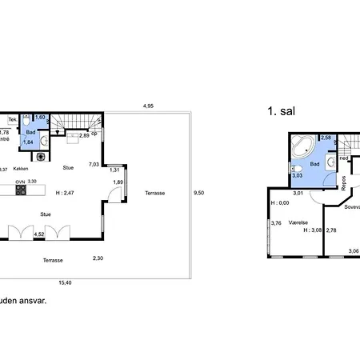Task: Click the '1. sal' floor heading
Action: [282, 113]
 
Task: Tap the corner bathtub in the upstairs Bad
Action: [303, 146]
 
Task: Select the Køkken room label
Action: [22, 169]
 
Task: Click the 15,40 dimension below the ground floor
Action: [66, 282]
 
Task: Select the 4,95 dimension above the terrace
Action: [147, 106]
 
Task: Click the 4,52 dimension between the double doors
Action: [37, 234]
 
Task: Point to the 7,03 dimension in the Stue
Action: [94, 164]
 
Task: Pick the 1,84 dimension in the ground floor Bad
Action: [28, 142]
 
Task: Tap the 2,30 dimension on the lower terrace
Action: [98, 258]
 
